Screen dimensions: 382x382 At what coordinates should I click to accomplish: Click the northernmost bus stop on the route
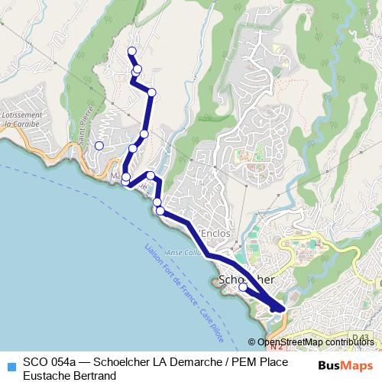[131, 51]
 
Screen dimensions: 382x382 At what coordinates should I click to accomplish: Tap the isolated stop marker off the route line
[99, 145]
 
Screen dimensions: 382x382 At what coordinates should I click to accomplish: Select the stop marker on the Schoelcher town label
[243, 288]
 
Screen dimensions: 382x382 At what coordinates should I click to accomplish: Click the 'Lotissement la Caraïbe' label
[23, 118]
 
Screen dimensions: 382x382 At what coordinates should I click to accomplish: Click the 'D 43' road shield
[361, 337]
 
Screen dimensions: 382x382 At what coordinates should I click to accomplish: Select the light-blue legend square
[10, 364]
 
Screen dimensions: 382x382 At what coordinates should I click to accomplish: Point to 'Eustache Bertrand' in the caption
[69, 375]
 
